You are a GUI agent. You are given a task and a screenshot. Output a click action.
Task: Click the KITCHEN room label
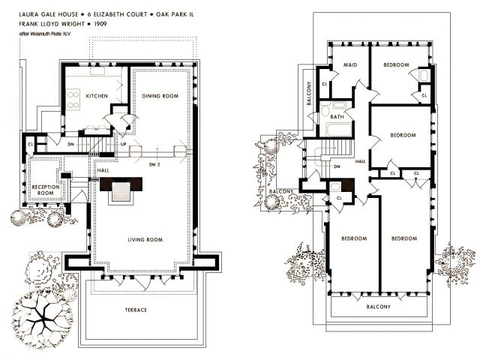pyautogui.click(x=97, y=96)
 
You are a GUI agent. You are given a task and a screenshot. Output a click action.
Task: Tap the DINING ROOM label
pyautogui.click(x=160, y=96)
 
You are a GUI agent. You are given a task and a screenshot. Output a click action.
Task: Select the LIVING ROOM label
pyautogui.click(x=145, y=240)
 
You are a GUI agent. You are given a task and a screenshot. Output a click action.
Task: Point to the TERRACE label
pyautogui.click(x=136, y=310)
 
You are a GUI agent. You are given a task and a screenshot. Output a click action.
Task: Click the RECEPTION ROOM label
pyautogui.click(x=46, y=190)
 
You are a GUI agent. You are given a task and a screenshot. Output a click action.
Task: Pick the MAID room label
pyautogui.click(x=350, y=65)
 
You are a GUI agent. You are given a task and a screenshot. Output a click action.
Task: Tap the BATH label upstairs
pyautogui.click(x=337, y=117)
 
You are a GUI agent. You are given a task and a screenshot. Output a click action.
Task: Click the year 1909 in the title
pyautogui.click(x=100, y=24)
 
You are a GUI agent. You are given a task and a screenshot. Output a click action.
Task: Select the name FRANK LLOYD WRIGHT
pyautogui.click(x=52, y=24)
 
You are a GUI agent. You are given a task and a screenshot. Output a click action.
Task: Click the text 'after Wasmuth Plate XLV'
pyautogui.click(x=45, y=34)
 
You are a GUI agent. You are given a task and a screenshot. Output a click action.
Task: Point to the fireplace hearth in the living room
pyautogui.click(x=121, y=192)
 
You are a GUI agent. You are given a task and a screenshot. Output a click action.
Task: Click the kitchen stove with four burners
pyautogui.click(x=73, y=100)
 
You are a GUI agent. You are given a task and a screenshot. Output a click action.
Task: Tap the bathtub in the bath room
pyautogui.click(x=338, y=130)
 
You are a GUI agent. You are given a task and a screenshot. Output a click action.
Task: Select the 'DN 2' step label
pyautogui.click(x=154, y=165)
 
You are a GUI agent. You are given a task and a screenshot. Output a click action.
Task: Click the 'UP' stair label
pyautogui.click(x=123, y=144)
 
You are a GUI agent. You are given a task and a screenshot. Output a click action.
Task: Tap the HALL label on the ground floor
pyautogui.click(x=103, y=170)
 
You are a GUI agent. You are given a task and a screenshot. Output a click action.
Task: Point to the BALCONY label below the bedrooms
pyautogui.click(x=378, y=307)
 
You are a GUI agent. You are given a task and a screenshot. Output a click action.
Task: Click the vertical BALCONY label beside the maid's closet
pyautogui.click(x=309, y=93)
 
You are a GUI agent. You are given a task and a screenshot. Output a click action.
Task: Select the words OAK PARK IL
pyautogui.click(x=175, y=14)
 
